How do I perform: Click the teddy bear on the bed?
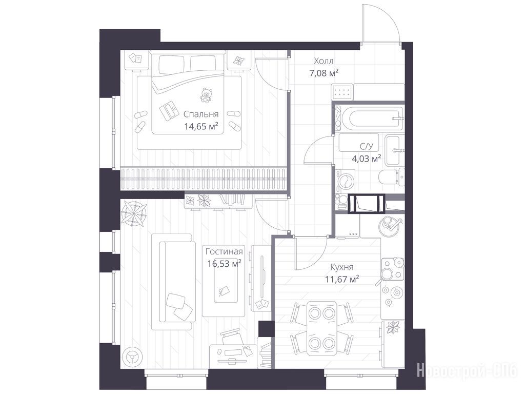tap(206, 95)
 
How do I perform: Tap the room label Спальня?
tap(201, 114)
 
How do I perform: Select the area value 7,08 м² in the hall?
tap(324, 73)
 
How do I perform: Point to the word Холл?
tap(324, 61)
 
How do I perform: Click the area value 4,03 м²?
tap(366, 159)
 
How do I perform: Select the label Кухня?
tap(342, 267)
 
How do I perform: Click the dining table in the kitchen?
tap(322, 328)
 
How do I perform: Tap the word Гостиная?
tap(224, 251)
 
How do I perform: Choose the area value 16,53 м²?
tap(224, 264)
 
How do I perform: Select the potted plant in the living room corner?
tap(134, 213)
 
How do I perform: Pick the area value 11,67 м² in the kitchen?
tap(342, 279)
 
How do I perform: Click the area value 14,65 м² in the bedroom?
tap(201, 126)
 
